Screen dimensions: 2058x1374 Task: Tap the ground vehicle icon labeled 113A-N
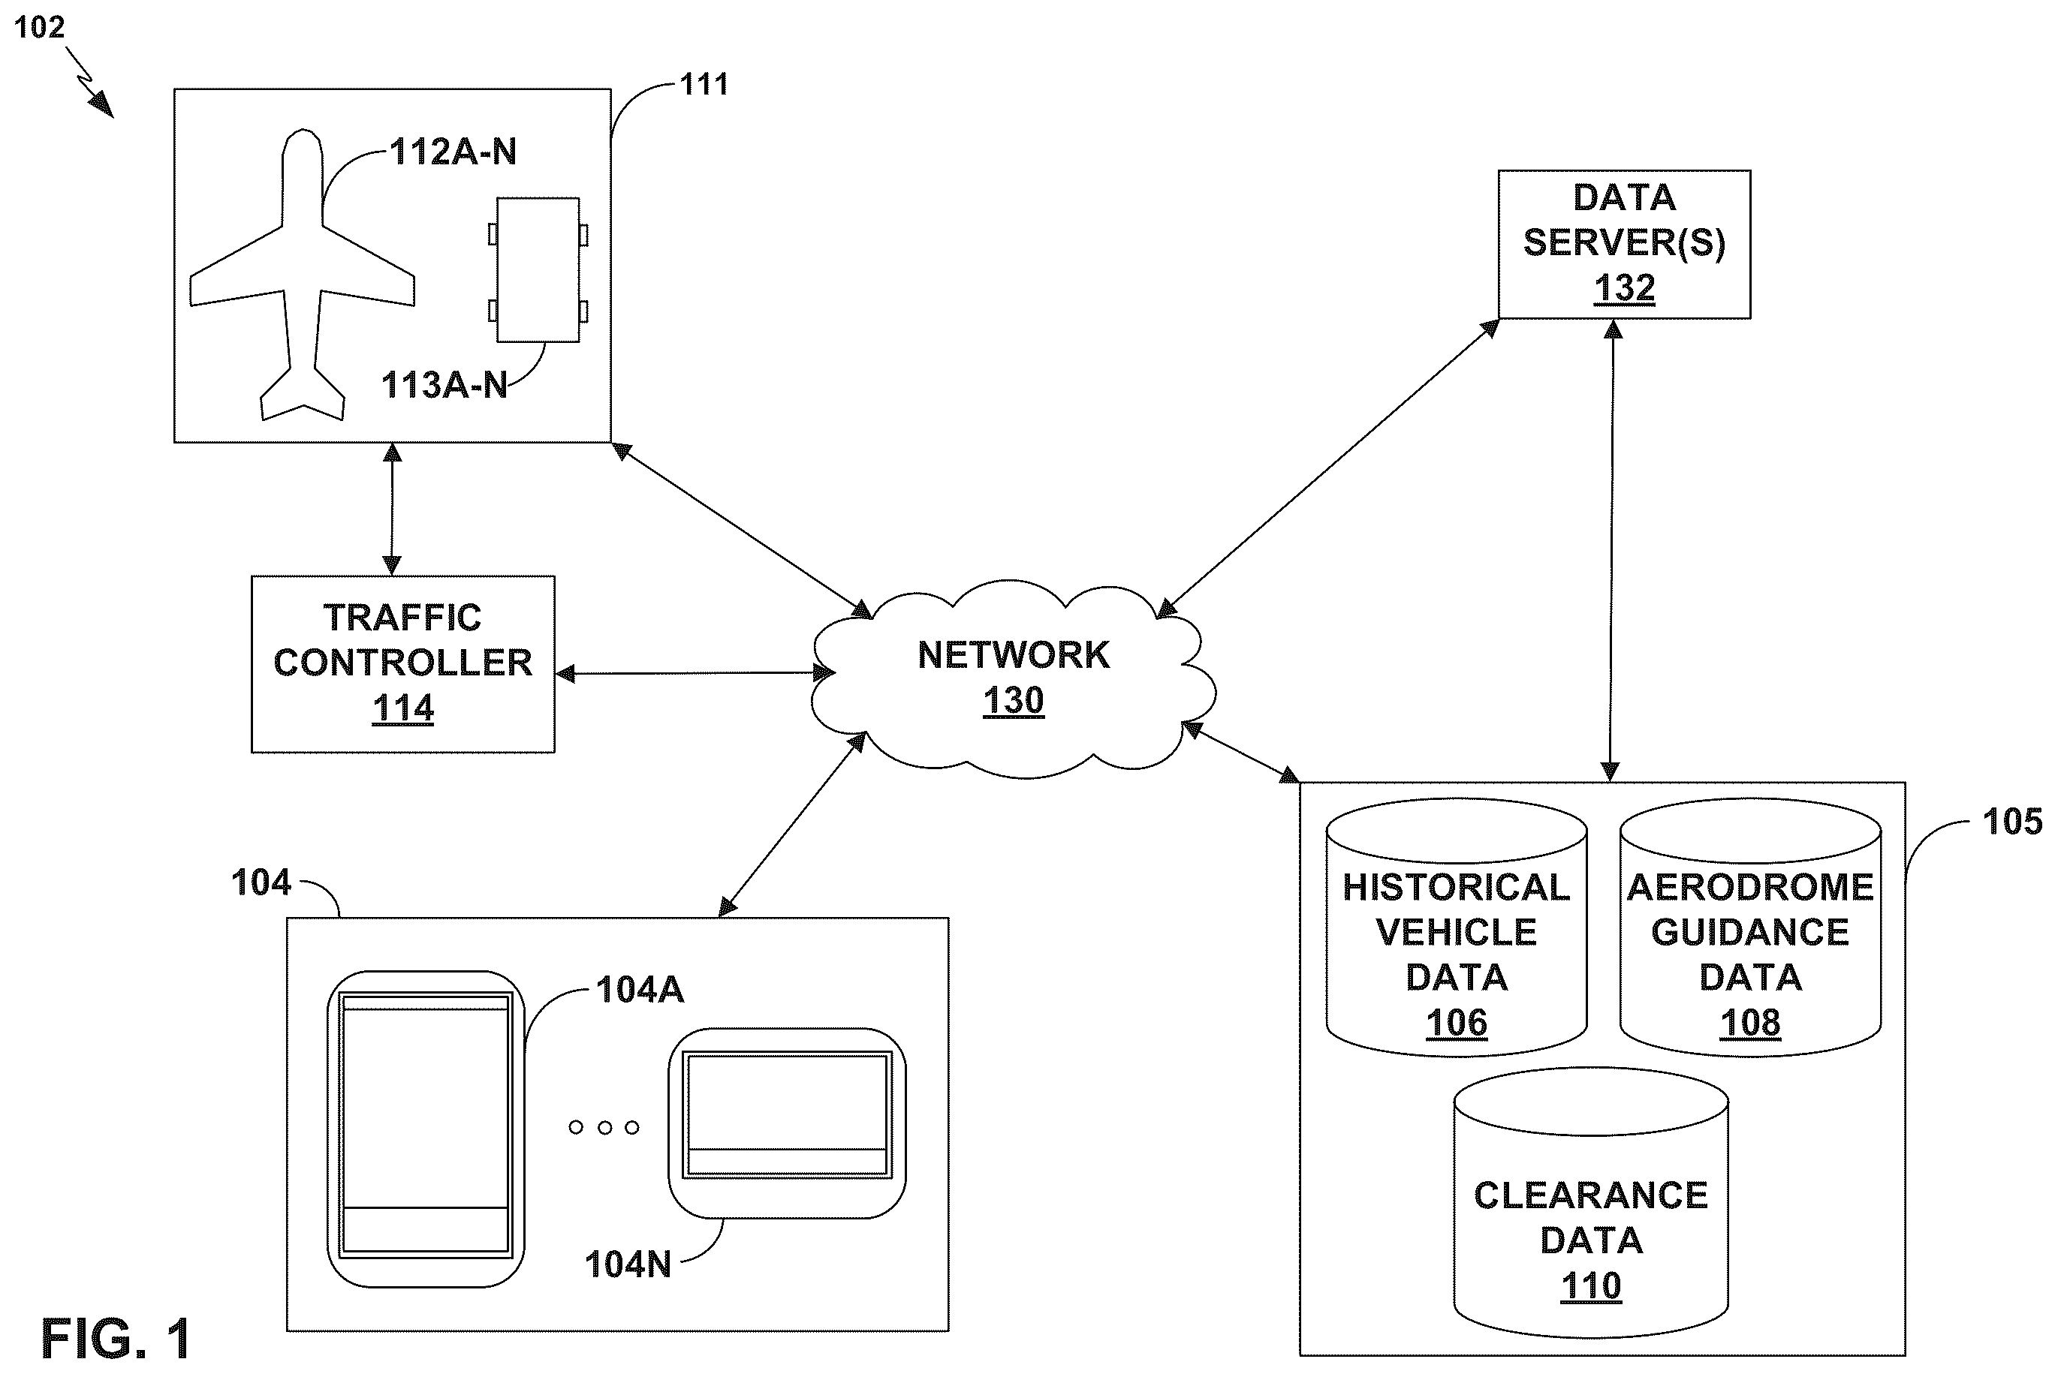(538, 270)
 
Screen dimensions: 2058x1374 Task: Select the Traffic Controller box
(403, 664)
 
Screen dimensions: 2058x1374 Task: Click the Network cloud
(1013, 680)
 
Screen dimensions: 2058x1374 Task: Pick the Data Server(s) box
(1624, 245)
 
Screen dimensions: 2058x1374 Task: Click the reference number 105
(2012, 822)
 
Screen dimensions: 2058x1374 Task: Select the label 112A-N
(453, 152)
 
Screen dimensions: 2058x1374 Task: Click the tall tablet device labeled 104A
(426, 1129)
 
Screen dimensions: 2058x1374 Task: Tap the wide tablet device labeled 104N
(787, 1123)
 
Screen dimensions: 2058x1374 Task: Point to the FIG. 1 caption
(116, 1338)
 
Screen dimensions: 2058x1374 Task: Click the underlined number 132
(1624, 288)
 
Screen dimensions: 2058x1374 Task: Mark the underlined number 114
(403, 708)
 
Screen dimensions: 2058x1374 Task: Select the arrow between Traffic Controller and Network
(696, 674)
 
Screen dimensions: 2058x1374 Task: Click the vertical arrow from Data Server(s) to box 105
(1611, 550)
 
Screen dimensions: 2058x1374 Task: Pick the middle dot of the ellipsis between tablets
(604, 1128)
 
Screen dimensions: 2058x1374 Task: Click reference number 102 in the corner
(40, 27)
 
